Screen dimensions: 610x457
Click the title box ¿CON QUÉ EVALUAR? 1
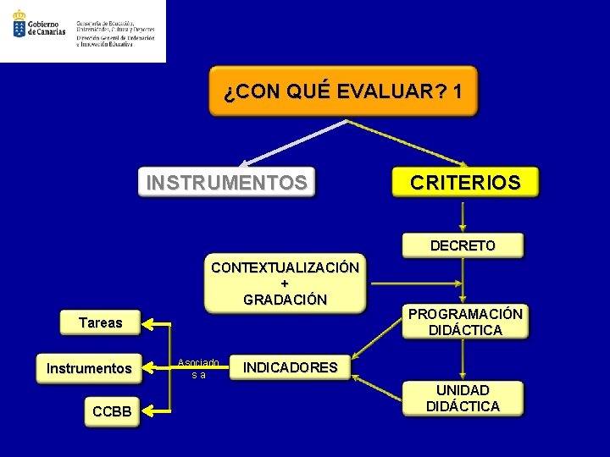tap(343, 91)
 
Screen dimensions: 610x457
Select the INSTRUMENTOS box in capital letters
tap(227, 182)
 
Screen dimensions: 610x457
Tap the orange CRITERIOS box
tap(465, 182)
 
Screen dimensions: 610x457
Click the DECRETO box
tap(463, 245)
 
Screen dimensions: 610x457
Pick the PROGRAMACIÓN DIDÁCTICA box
tap(465, 322)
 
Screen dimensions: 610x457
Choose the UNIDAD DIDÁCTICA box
tap(463, 399)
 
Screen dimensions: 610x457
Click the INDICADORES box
tap(290, 367)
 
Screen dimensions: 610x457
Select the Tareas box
tap(100, 322)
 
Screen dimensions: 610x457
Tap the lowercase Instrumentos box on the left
tap(89, 369)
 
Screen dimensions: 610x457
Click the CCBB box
tap(112, 412)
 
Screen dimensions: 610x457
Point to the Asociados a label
tap(199, 368)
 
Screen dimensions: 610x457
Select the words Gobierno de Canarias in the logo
tap(47, 29)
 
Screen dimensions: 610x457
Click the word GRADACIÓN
tap(285, 299)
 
